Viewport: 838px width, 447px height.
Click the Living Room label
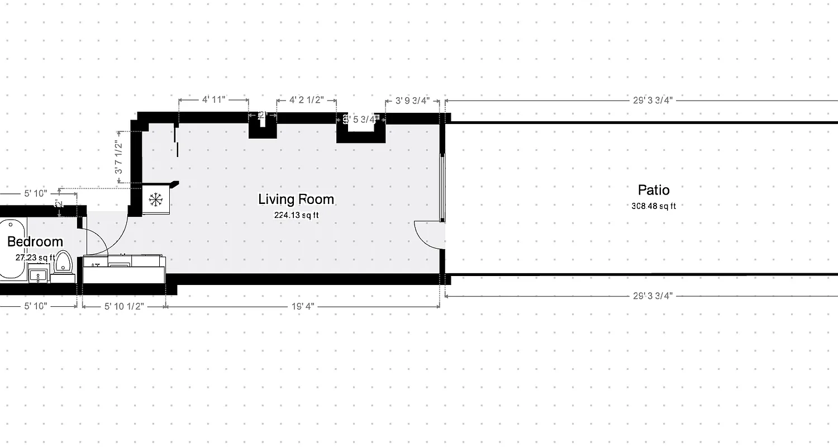296,199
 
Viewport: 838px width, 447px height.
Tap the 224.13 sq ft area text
296,215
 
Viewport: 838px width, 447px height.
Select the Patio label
653,190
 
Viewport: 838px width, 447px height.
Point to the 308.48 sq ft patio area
653,206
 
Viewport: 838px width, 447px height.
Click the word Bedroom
35,242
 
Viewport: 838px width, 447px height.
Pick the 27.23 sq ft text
35,258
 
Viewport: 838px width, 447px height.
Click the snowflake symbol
155,199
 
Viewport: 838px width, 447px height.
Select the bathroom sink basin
38,275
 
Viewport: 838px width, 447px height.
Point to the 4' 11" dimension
213,100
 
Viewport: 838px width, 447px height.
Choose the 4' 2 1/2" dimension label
306,100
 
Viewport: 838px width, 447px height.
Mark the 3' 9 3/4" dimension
412,101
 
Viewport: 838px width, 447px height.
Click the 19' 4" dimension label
303,306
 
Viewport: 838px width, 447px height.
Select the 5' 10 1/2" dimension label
124,306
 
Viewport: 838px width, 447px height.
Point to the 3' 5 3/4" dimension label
361,119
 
